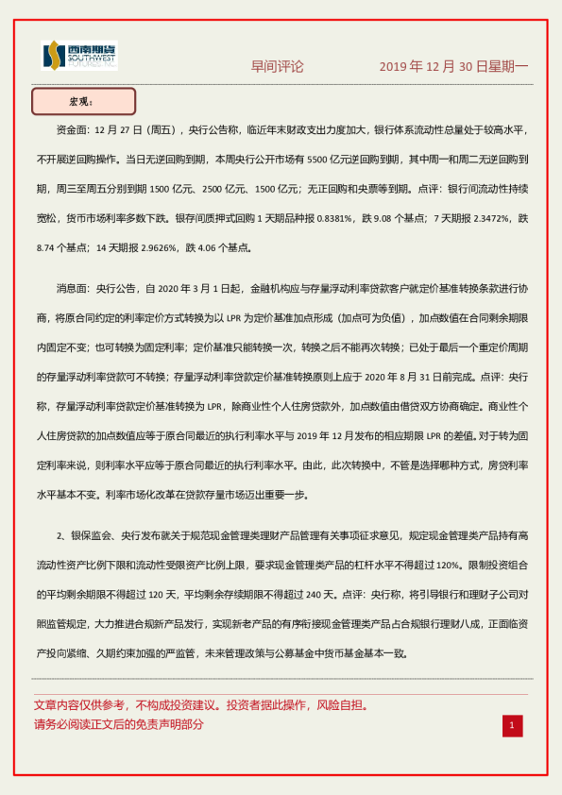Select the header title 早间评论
277,67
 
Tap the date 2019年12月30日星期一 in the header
453,67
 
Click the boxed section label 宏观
83,101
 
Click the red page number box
511,725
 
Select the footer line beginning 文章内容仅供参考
200,705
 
